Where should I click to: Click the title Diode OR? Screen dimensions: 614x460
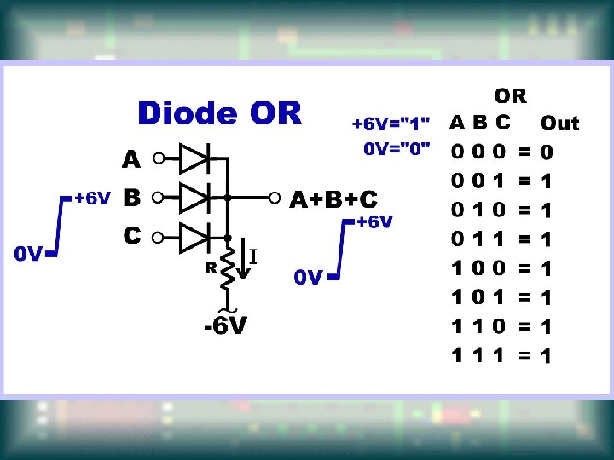click(x=219, y=113)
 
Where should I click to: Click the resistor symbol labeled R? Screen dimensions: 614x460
click(x=228, y=265)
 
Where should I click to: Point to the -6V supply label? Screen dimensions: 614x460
click(x=226, y=327)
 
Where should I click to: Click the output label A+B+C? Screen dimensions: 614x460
click(x=333, y=199)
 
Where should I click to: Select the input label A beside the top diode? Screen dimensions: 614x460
click(x=130, y=159)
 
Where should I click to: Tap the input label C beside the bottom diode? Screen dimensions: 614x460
click(x=130, y=235)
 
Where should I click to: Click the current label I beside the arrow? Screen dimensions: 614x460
click(x=253, y=256)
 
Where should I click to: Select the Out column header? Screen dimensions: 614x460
click(x=559, y=124)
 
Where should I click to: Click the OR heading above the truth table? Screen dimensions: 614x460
click(x=511, y=95)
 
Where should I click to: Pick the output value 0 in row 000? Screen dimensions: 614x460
click(x=547, y=153)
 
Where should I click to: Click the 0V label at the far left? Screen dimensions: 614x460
click(x=28, y=254)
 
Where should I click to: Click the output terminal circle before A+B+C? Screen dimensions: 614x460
click(x=275, y=198)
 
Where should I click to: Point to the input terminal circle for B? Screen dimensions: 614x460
click(x=157, y=198)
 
